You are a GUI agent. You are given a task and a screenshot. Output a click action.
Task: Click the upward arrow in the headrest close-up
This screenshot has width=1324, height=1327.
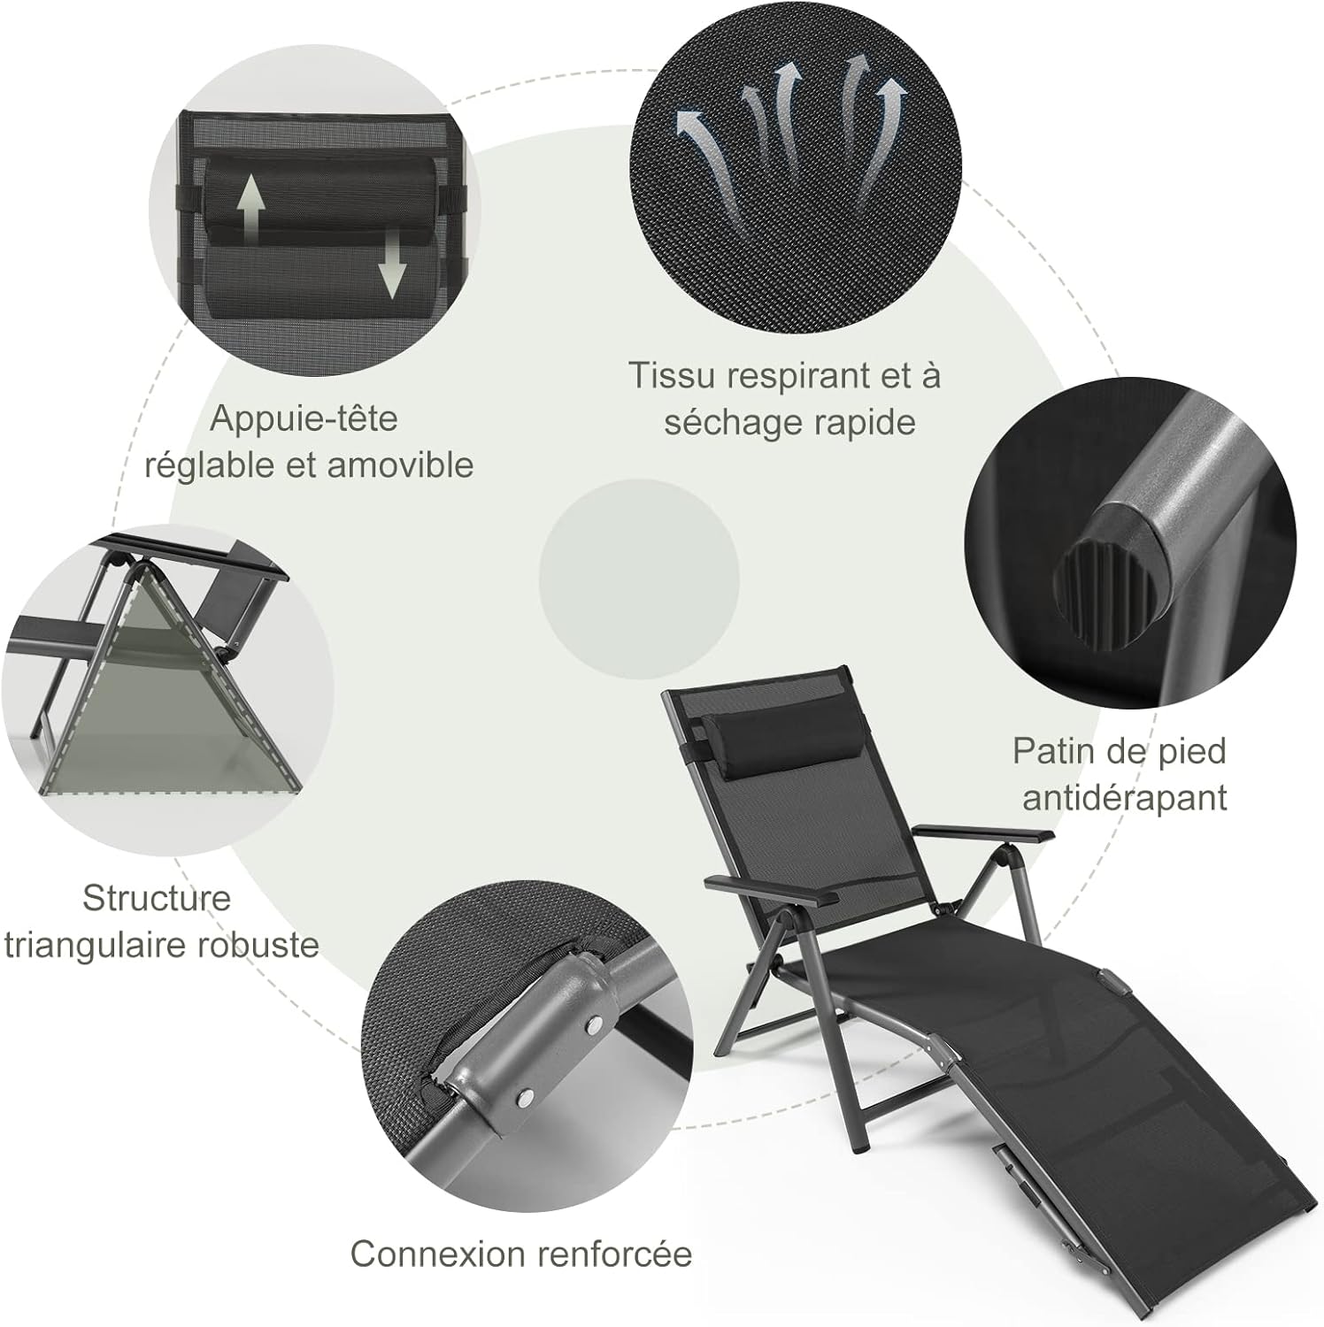coord(250,205)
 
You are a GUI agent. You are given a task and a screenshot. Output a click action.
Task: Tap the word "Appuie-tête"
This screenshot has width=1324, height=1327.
coord(304,419)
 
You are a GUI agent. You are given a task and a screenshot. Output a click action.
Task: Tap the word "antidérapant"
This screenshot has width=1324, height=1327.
coord(1125,797)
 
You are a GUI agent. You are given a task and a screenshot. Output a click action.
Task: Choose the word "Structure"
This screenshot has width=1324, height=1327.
coord(157,898)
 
